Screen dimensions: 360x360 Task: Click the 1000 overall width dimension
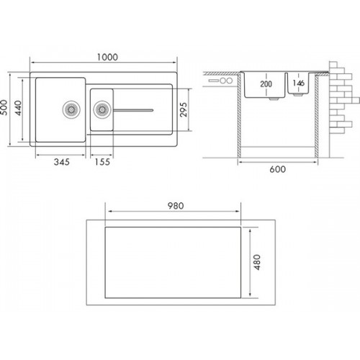[x=107, y=57]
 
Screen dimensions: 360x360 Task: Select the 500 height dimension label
[x=4, y=107]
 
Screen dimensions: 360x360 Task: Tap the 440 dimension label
[x=18, y=108]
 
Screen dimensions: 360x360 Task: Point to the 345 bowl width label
[x=62, y=162]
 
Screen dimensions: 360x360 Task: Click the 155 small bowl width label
[x=102, y=162]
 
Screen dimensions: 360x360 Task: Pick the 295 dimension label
[x=184, y=109]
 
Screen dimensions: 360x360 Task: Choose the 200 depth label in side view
[x=266, y=84]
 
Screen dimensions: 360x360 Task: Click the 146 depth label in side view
[x=299, y=83]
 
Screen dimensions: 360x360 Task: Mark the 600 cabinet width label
[x=278, y=169]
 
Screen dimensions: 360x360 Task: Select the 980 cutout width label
[x=176, y=206]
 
